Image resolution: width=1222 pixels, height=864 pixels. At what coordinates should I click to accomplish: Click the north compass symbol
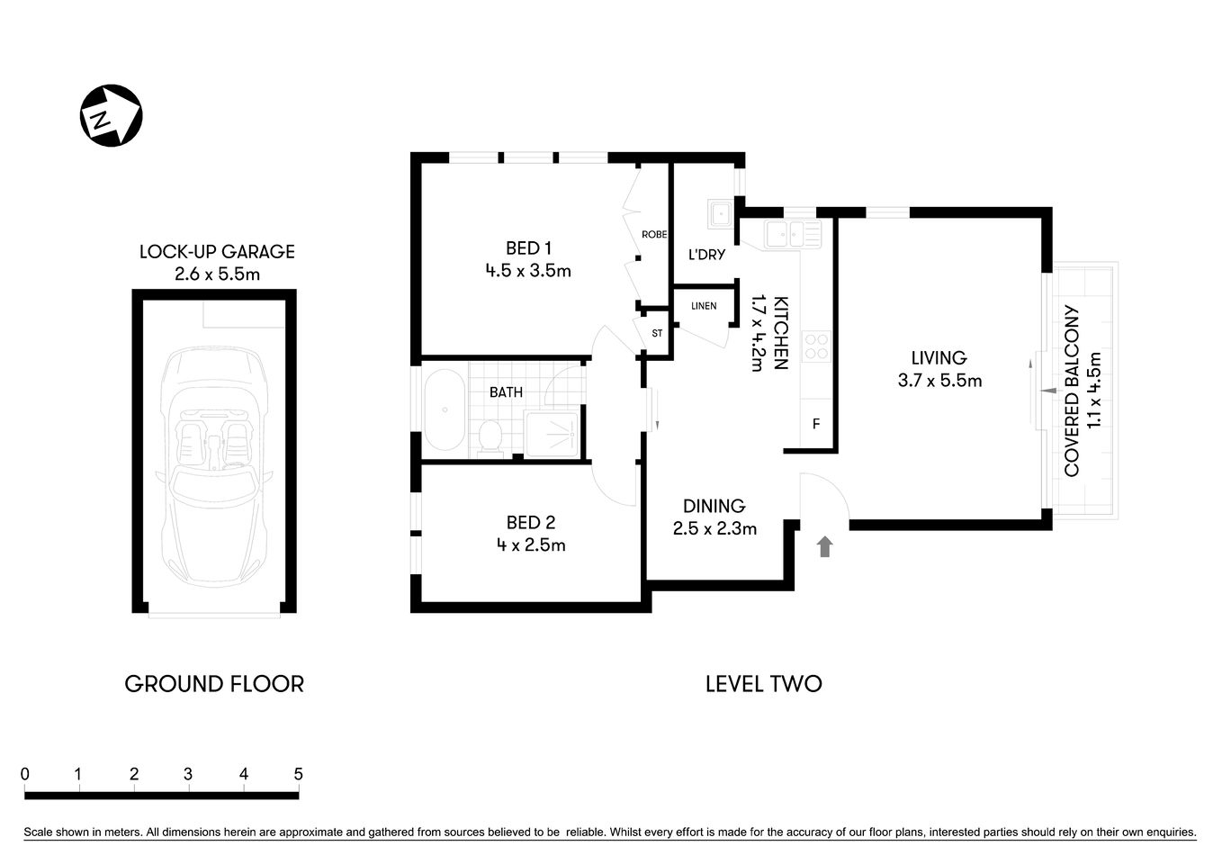click(112, 115)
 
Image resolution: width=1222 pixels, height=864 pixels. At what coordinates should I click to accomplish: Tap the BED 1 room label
click(528, 248)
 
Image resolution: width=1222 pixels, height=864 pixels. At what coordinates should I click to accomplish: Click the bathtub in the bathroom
click(445, 410)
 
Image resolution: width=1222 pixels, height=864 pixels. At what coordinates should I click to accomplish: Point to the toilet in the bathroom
click(490, 436)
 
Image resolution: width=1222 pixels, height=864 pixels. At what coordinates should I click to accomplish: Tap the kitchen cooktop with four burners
click(816, 346)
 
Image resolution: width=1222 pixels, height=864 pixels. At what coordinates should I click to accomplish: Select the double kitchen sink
click(793, 234)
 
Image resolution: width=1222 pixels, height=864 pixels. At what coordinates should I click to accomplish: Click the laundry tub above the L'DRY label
click(719, 214)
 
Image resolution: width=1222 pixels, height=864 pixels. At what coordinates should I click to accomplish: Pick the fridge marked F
click(816, 424)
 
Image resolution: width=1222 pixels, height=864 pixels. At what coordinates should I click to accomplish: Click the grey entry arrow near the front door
click(824, 546)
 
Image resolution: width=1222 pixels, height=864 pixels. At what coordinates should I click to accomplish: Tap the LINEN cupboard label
click(704, 306)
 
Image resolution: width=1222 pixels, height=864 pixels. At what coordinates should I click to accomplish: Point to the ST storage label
click(657, 333)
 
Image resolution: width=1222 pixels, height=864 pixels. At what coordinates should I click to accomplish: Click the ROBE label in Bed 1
click(654, 234)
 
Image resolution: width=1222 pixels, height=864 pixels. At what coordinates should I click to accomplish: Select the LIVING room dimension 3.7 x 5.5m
click(939, 381)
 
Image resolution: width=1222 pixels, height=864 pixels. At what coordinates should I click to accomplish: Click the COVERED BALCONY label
click(1072, 391)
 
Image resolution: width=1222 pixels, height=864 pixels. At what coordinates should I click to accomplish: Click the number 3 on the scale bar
click(188, 774)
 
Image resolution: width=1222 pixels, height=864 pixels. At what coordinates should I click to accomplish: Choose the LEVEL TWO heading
click(763, 684)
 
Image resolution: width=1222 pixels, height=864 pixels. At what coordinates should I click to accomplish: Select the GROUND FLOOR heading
click(214, 684)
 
